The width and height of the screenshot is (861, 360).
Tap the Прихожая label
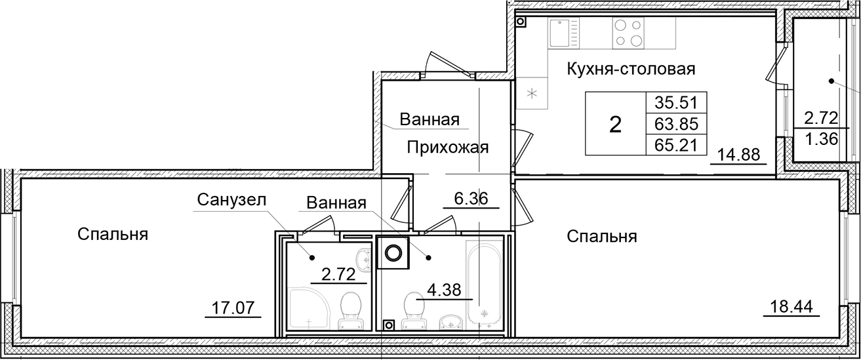coord(447,147)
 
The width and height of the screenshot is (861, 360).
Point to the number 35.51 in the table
coord(675,102)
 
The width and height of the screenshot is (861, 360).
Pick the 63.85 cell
coord(675,123)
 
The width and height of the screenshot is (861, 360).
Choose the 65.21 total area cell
coord(675,144)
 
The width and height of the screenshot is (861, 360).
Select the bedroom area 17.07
coord(233,306)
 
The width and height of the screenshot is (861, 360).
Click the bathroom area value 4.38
coord(445,289)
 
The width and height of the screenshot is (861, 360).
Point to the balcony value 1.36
coord(820,140)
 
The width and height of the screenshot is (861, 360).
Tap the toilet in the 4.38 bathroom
coord(414,308)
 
